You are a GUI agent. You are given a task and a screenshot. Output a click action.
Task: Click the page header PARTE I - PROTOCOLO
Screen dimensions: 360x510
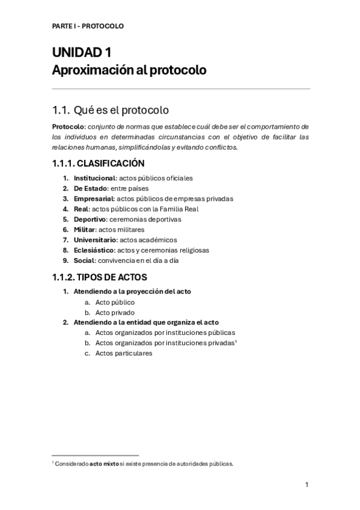point(87,26)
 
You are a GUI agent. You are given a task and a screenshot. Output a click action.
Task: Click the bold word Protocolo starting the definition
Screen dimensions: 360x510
point(68,126)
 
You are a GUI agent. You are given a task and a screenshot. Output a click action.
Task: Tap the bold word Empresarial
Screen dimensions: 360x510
point(93,198)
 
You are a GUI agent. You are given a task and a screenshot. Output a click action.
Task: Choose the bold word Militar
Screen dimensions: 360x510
point(85,229)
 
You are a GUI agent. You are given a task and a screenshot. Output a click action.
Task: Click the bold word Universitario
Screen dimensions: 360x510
point(95,239)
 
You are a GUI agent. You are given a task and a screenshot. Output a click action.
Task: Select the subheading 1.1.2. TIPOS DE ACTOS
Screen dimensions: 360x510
point(100,277)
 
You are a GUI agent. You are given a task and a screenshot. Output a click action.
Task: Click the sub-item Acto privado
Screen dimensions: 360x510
point(115,313)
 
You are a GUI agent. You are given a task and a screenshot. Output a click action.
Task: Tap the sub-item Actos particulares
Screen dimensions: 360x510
point(124,353)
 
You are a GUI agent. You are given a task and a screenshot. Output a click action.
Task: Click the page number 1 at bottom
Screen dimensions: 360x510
point(307,484)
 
